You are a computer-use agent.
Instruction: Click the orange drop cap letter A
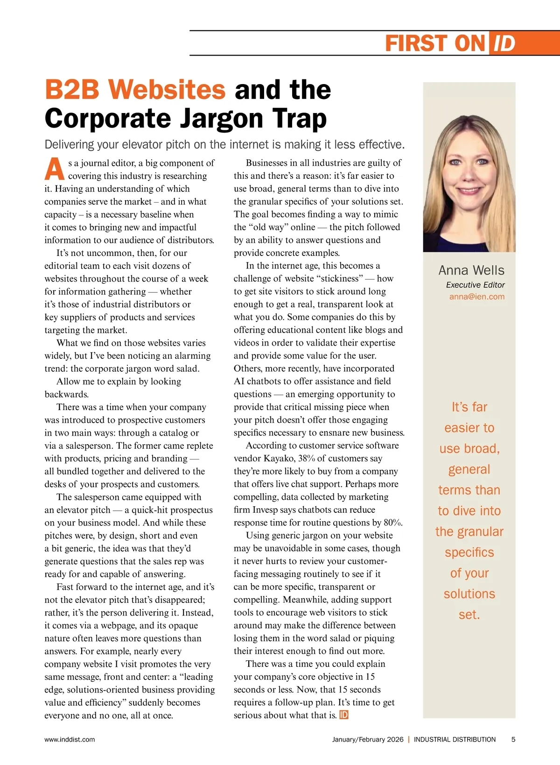pyautogui.click(x=55, y=169)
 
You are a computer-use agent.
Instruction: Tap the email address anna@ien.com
pyautogui.click(x=476, y=297)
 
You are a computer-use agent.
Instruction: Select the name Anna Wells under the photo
pyautogui.click(x=471, y=270)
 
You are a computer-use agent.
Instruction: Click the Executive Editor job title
pyautogui.click(x=475, y=285)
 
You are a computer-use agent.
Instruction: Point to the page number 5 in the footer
pyautogui.click(x=513, y=739)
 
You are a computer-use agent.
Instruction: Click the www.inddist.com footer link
pyautogui.click(x=70, y=739)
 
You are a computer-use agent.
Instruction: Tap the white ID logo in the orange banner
pyautogui.click(x=504, y=43)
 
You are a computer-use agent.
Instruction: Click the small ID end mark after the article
pyautogui.click(x=344, y=715)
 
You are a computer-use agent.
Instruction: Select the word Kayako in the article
pyautogui.click(x=279, y=458)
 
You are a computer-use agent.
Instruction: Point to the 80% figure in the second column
pyautogui.click(x=392, y=523)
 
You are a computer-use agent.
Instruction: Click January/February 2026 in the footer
pyautogui.click(x=368, y=739)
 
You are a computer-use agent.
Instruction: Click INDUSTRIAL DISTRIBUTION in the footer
pyautogui.click(x=455, y=739)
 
